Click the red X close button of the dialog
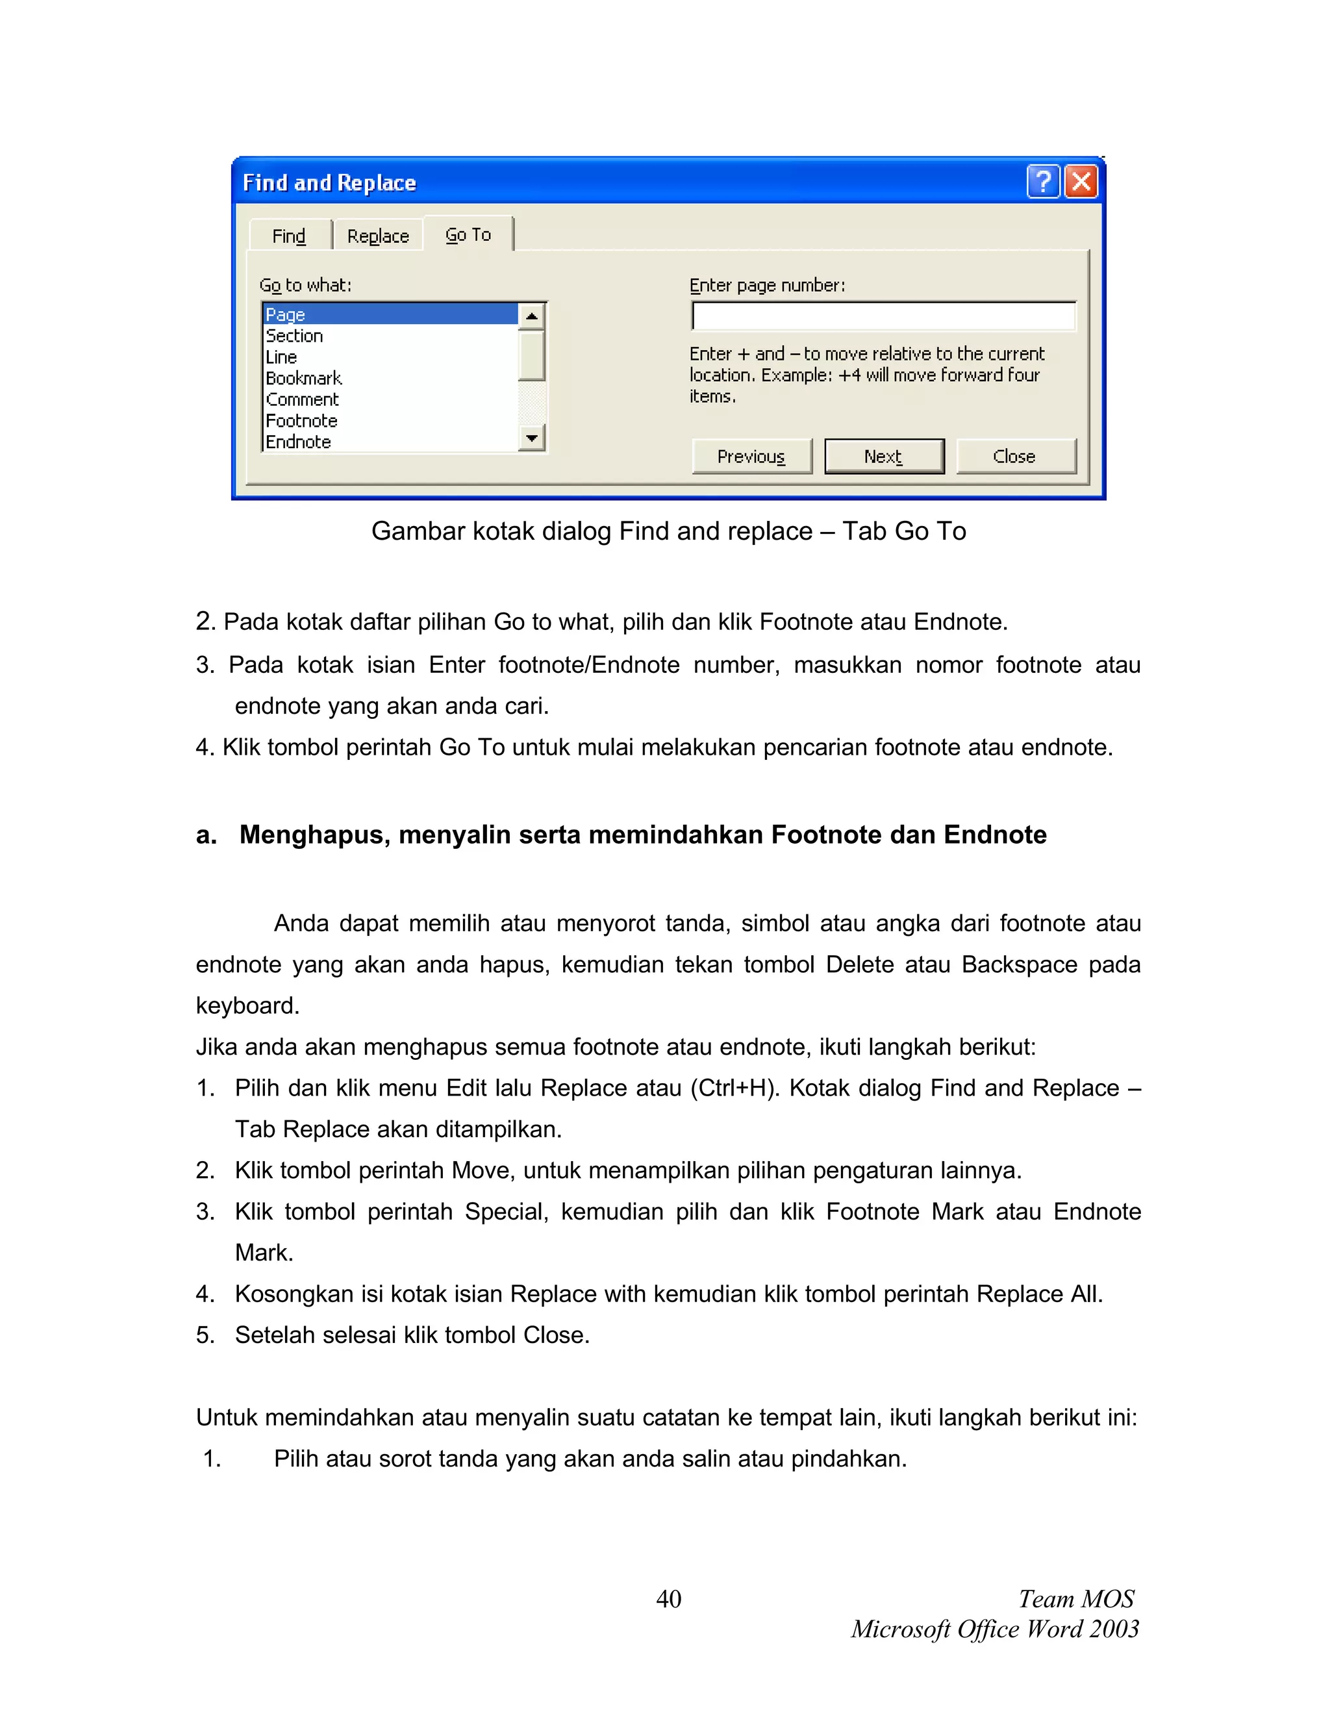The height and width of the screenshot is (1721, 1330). coord(1081,182)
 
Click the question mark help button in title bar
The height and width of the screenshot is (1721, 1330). coord(1043,182)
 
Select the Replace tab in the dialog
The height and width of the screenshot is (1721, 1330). coord(377,236)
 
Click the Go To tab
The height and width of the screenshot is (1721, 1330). coord(468,235)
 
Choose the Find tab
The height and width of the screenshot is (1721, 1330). coord(289,236)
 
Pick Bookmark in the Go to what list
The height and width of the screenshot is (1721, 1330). coord(304,378)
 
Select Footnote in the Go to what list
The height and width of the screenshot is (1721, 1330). coord(302,421)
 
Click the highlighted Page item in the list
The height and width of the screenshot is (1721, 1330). coord(286,314)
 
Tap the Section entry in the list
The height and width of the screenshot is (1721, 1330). coord(295,336)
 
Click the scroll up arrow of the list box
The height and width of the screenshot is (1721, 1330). coord(533,317)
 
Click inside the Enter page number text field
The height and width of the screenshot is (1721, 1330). coord(883,317)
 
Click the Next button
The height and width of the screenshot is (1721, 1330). coord(883,457)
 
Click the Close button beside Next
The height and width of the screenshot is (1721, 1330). coord(1015,457)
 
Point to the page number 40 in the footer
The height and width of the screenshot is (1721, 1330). coord(668,1599)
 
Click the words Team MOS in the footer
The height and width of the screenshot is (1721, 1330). coord(1075,1599)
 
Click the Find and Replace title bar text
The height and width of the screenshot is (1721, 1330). coord(329,183)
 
